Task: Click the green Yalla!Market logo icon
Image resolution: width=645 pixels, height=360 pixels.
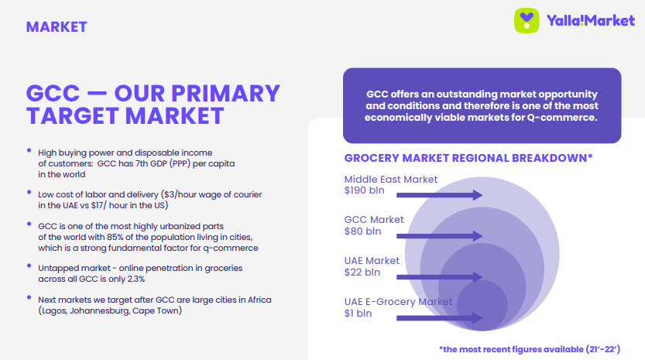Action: point(527,21)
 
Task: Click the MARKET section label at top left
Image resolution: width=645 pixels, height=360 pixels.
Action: point(57,27)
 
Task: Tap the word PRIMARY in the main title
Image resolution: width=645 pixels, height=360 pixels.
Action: point(226,93)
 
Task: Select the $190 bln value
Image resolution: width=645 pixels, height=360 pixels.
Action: point(365,190)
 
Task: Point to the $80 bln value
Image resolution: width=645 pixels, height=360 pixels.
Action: point(362,231)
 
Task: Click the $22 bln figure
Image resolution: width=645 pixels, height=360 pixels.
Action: point(362,273)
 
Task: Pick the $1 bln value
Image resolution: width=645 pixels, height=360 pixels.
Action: point(358,314)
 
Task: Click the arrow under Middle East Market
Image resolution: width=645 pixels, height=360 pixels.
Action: point(439,195)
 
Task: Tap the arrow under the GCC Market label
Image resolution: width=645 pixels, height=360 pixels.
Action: point(439,236)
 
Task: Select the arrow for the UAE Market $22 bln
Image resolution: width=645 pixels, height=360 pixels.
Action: point(439,277)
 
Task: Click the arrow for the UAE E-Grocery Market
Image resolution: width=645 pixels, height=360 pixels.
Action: point(439,317)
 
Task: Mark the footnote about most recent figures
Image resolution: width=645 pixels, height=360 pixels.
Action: point(530,349)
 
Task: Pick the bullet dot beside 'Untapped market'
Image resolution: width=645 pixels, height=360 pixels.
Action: point(29,266)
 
